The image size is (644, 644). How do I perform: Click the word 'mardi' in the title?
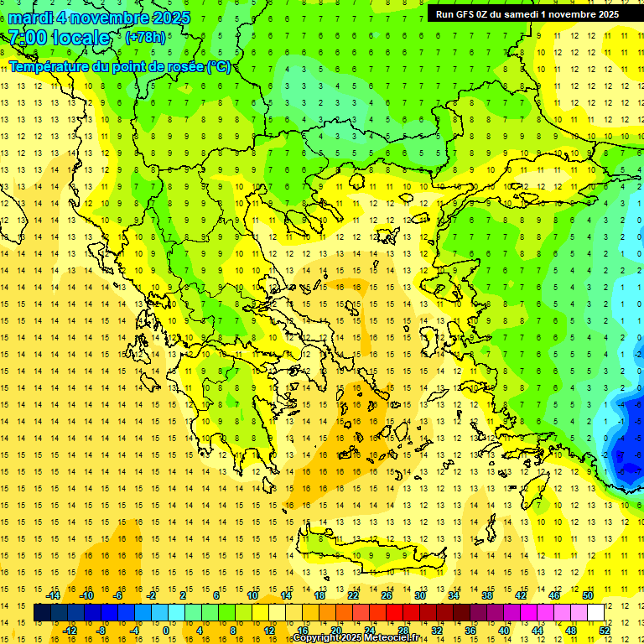(29, 18)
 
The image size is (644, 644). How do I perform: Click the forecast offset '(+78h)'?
(145, 38)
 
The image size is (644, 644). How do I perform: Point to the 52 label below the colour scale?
(605, 631)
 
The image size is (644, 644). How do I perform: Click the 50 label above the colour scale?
(588, 595)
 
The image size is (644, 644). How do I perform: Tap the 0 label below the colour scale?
(167, 631)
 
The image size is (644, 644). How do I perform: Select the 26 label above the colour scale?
(387, 595)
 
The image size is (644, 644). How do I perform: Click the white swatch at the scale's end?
(595, 613)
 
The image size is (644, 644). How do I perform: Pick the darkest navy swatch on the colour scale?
(42, 613)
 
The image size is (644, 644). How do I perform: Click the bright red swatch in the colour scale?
(394, 613)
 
